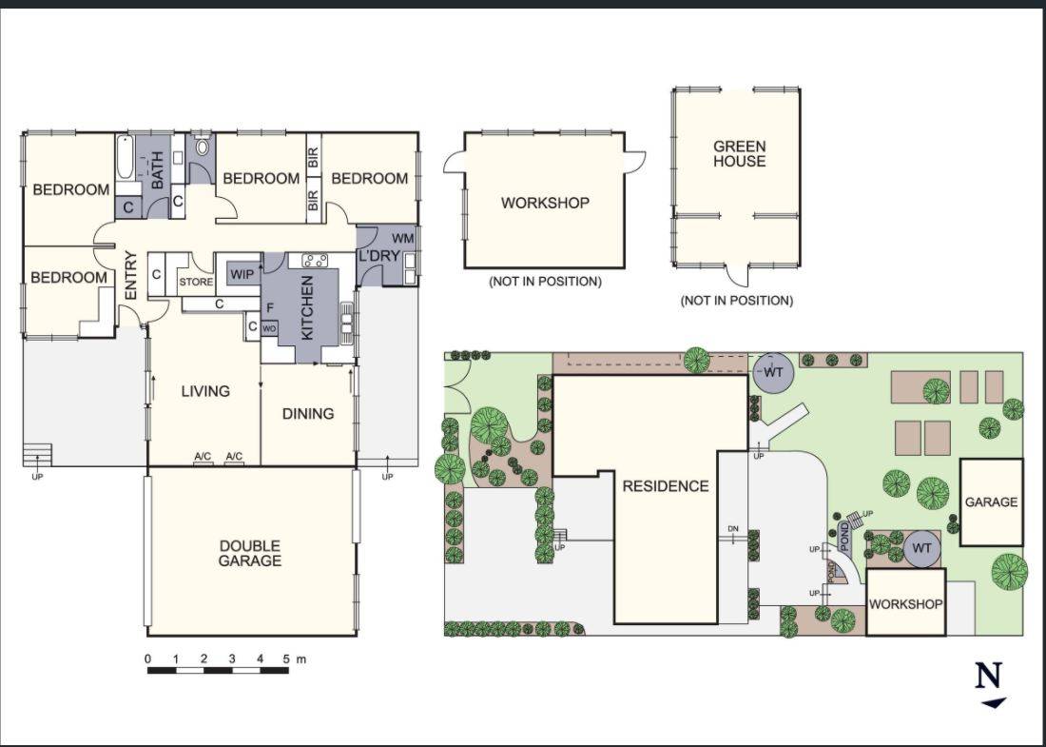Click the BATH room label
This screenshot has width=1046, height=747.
(158, 171)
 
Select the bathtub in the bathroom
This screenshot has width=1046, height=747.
(126, 165)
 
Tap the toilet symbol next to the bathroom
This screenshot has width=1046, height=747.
(202, 148)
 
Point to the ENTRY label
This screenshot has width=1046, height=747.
(131, 275)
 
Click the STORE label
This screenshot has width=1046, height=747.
(196, 282)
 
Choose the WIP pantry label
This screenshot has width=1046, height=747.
(242, 275)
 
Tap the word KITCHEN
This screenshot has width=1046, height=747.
(307, 307)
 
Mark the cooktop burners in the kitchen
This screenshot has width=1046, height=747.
(315, 259)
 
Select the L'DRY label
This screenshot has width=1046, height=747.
(378, 256)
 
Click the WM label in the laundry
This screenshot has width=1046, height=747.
(402, 237)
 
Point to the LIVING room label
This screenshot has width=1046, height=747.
(205, 390)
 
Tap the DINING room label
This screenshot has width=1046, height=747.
(308, 414)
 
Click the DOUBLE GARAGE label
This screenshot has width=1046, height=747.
(250, 553)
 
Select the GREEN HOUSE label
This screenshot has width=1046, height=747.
(739, 154)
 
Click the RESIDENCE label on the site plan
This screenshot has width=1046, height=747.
(666, 485)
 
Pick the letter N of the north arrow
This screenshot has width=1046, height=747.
(989, 676)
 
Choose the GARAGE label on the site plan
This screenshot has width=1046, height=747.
(991, 501)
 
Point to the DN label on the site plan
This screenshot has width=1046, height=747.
(733, 529)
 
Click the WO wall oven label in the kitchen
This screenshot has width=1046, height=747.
(269, 328)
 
